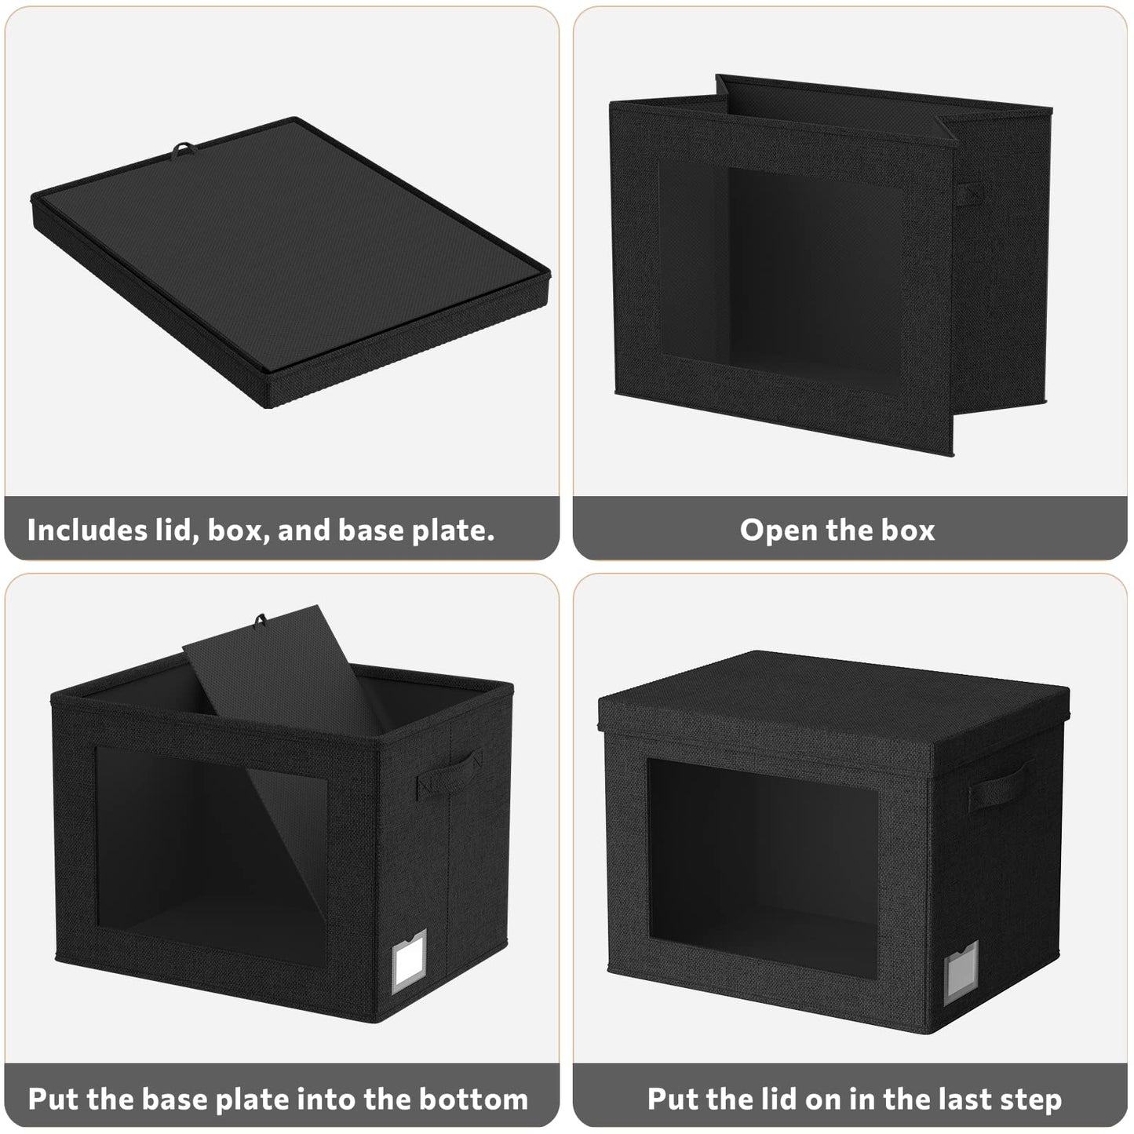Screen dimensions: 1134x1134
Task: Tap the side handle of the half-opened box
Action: (968, 194)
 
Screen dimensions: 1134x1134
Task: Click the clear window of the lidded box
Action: (764, 869)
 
